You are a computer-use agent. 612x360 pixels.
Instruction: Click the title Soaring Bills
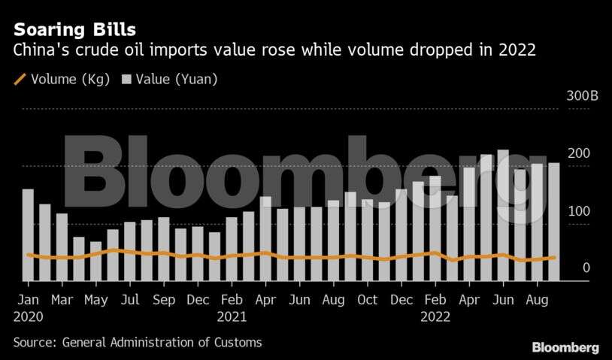point(74,30)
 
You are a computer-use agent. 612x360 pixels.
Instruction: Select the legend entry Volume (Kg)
point(62,79)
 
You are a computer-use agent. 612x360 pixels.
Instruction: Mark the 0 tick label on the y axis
point(586,268)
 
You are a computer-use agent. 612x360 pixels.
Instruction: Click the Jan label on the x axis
point(28,299)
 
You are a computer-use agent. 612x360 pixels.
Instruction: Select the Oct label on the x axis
point(368,299)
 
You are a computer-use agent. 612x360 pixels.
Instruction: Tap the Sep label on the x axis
point(163,299)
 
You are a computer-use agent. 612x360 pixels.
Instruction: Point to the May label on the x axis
point(95,299)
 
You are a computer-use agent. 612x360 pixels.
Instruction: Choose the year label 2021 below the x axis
point(232,316)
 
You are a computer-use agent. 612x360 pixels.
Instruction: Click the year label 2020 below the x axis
point(29,316)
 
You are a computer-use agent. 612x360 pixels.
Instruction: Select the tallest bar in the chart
point(503,215)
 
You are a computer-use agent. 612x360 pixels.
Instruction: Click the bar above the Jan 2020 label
point(28,234)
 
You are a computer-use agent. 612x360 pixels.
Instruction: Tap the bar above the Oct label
point(368,240)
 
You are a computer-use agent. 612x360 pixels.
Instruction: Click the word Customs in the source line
point(237,343)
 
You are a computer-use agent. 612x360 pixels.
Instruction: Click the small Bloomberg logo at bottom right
point(565,347)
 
